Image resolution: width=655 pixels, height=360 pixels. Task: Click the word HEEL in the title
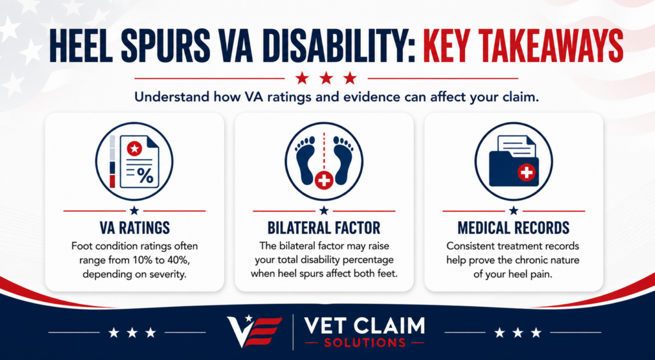pyautogui.click(x=79, y=45)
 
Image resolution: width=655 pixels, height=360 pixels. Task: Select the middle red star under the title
pyautogui.click(x=326, y=78)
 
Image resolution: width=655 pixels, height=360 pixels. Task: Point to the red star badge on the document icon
pyautogui.click(x=134, y=148)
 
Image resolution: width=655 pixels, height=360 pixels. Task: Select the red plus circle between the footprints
pyautogui.click(x=324, y=180)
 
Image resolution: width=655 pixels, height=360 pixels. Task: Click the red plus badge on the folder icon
pyautogui.click(x=526, y=172)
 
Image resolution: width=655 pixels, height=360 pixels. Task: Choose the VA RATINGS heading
pyautogui.click(x=134, y=228)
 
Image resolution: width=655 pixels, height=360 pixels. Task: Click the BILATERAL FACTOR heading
pyautogui.click(x=324, y=228)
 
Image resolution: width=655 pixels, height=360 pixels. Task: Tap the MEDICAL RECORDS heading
pyautogui.click(x=514, y=228)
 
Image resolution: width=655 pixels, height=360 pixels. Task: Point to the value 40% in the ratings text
pyautogui.click(x=179, y=260)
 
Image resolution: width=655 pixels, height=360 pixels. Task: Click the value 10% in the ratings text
pyautogui.click(x=143, y=260)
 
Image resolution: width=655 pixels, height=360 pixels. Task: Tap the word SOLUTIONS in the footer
pyautogui.click(x=365, y=343)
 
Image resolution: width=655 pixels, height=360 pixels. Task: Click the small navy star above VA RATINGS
pyautogui.click(x=134, y=210)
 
